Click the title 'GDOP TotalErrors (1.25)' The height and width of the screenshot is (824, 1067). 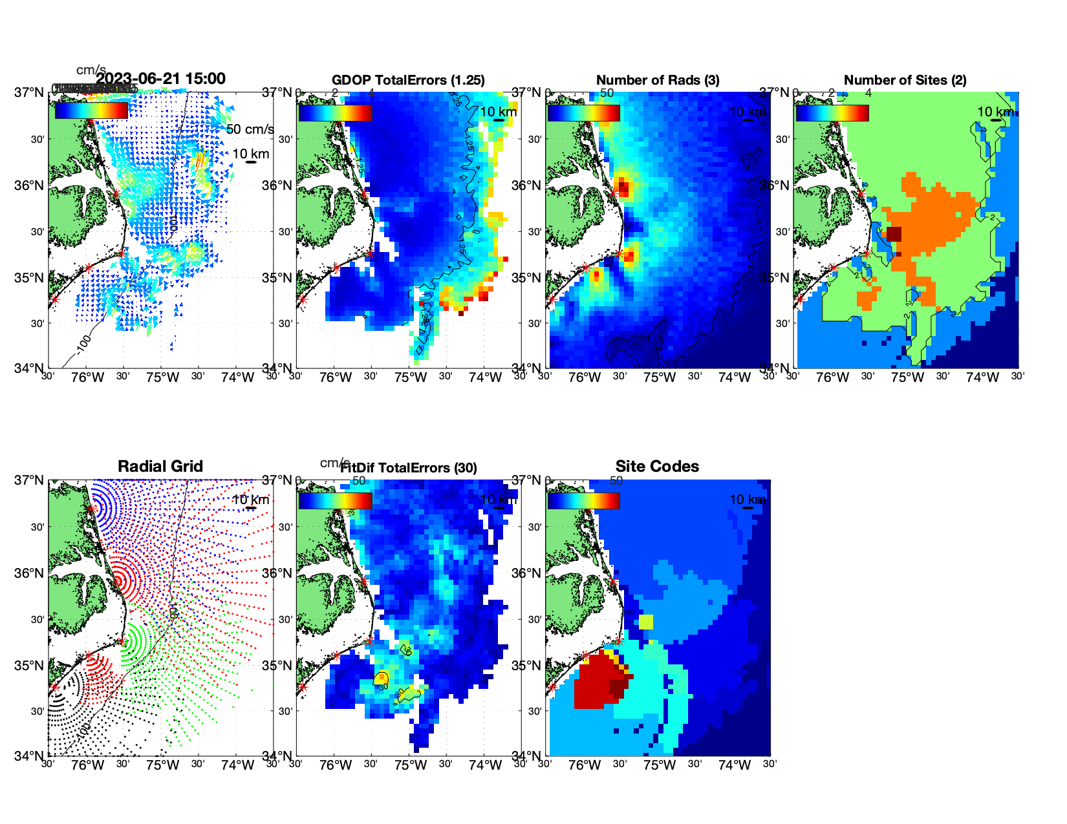(x=408, y=80)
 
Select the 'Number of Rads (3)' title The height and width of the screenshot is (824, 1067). (x=658, y=80)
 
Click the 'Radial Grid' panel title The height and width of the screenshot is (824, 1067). (x=160, y=467)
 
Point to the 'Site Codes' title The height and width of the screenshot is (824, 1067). (x=657, y=467)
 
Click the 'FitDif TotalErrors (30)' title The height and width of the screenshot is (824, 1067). (x=409, y=468)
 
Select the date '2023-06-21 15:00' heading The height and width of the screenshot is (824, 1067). (x=161, y=79)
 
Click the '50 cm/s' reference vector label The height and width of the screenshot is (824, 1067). (x=250, y=129)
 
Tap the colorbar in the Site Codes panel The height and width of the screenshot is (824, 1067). (x=583, y=500)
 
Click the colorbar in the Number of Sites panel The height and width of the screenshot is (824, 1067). (x=832, y=112)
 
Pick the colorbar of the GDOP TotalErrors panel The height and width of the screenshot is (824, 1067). (x=335, y=112)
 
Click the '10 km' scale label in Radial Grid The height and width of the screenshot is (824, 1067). (x=250, y=500)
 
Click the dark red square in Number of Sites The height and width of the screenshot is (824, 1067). (x=894, y=234)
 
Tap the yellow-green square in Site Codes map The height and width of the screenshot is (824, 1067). (x=645, y=622)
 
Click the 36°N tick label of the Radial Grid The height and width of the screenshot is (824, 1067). (x=30, y=573)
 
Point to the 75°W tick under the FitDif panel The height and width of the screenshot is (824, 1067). (x=411, y=765)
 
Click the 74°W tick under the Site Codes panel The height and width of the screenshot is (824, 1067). (x=734, y=765)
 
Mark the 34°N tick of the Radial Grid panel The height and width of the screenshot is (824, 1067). (x=30, y=755)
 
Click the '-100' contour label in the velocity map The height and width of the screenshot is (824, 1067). (x=83, y=344)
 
